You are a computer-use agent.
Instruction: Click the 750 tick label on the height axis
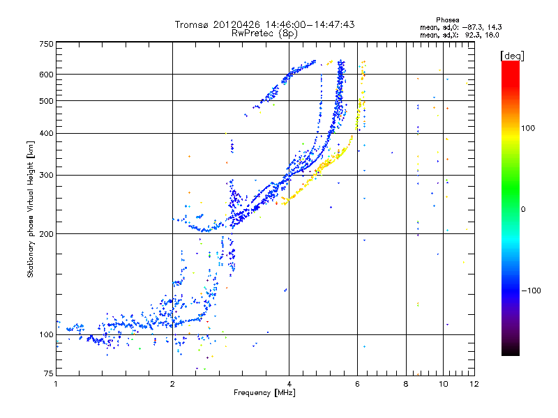(x=47, y=44)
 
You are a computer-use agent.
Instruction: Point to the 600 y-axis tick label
(x=47, y=74)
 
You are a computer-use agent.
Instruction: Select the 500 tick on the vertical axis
(x=47, y=100)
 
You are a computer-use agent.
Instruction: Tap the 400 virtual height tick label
(x=47, y=133)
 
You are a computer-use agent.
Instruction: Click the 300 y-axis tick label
(x=47, y=175)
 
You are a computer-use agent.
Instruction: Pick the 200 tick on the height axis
(x=47, y=233)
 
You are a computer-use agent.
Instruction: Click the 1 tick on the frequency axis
(x=56, y=384)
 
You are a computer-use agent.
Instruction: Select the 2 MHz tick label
(x=172, y=384)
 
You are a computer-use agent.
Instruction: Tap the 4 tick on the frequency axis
(x=289, y=384)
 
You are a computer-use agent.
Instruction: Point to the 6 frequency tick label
(x=357, y=384)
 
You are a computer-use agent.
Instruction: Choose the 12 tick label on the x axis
(x=474, y=384)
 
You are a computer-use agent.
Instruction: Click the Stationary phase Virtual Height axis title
(x=31, y=209)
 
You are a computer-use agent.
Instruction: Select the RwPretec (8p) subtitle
(x=264, y=33)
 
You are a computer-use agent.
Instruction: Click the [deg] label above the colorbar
(x=511, y=55)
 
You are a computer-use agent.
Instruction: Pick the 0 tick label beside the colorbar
(x=525, y=209)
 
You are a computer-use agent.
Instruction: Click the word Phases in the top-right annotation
(x=448, y=20)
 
